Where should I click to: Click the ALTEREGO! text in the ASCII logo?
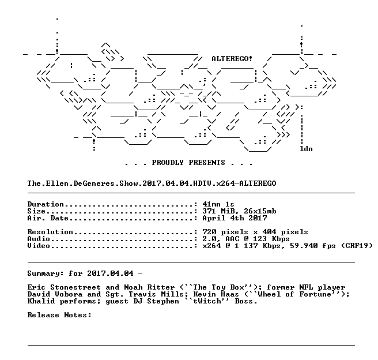232,59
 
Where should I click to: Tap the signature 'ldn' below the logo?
306,149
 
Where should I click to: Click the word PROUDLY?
168,163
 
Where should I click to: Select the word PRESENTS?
207,163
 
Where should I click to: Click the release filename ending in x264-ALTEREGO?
152,183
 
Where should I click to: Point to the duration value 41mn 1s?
218,204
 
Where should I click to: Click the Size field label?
36,211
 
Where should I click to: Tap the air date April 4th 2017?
235,218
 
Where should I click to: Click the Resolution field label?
50,232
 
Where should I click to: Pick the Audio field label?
39,239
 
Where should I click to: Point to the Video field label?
39,246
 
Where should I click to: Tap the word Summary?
46,273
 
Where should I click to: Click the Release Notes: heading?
59,315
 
